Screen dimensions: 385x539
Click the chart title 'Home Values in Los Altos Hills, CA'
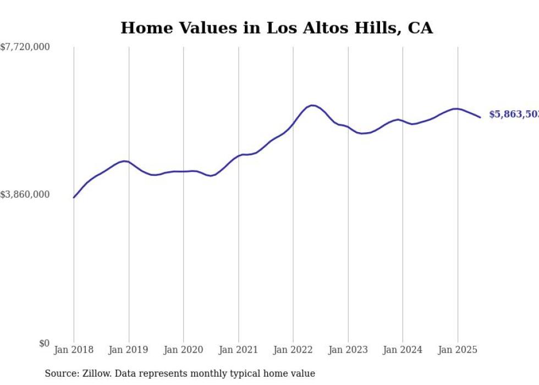(277, 28)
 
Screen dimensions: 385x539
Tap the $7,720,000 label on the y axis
(25, 47)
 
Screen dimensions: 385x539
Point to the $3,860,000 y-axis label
(25, 194)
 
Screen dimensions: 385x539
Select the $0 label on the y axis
(44, 343)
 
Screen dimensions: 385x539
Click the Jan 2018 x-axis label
(74, 350)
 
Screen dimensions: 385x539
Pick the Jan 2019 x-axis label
(129, 350)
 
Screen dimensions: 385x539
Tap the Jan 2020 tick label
(183, 350)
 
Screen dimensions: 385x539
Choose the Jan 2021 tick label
(238, 350)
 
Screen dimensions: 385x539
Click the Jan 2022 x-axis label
(293, 350)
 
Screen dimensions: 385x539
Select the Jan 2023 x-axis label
(348, 350)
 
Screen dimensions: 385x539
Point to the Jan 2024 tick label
(403, 350)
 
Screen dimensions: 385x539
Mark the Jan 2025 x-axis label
(457, 350)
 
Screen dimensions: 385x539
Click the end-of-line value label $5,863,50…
(514, 114)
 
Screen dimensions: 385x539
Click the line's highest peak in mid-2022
(312, 105)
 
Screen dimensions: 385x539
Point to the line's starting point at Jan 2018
(74, 197)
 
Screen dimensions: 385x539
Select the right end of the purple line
(480, 117)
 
